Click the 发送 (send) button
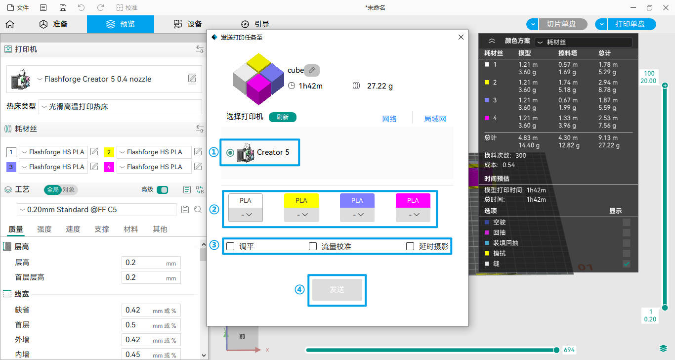[x=337, y=290]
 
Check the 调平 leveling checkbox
[x=230, y=246]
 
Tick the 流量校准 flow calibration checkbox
[x=313, y=246]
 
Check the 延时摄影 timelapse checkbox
[x=410, y=246]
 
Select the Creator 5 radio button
[x=230, y=153]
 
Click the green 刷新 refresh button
[x=282, y=117]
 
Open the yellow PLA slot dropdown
[x=301, y=215]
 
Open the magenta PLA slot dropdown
[x=413, y=215]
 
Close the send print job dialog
[x=461, y=37]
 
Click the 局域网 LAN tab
[x=435, y=119]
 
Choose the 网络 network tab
[x=389, y=119]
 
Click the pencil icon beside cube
[x=312, y=70]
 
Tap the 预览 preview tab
[x=121, y=24]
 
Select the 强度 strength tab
[x=44, y=229]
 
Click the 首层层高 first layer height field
[x=151, y=277]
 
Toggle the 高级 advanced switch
[x=163, y=190]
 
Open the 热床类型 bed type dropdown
[x=120, y=107]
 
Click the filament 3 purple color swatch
[x=11, y=167]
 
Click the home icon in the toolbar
[x=10, y=24]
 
